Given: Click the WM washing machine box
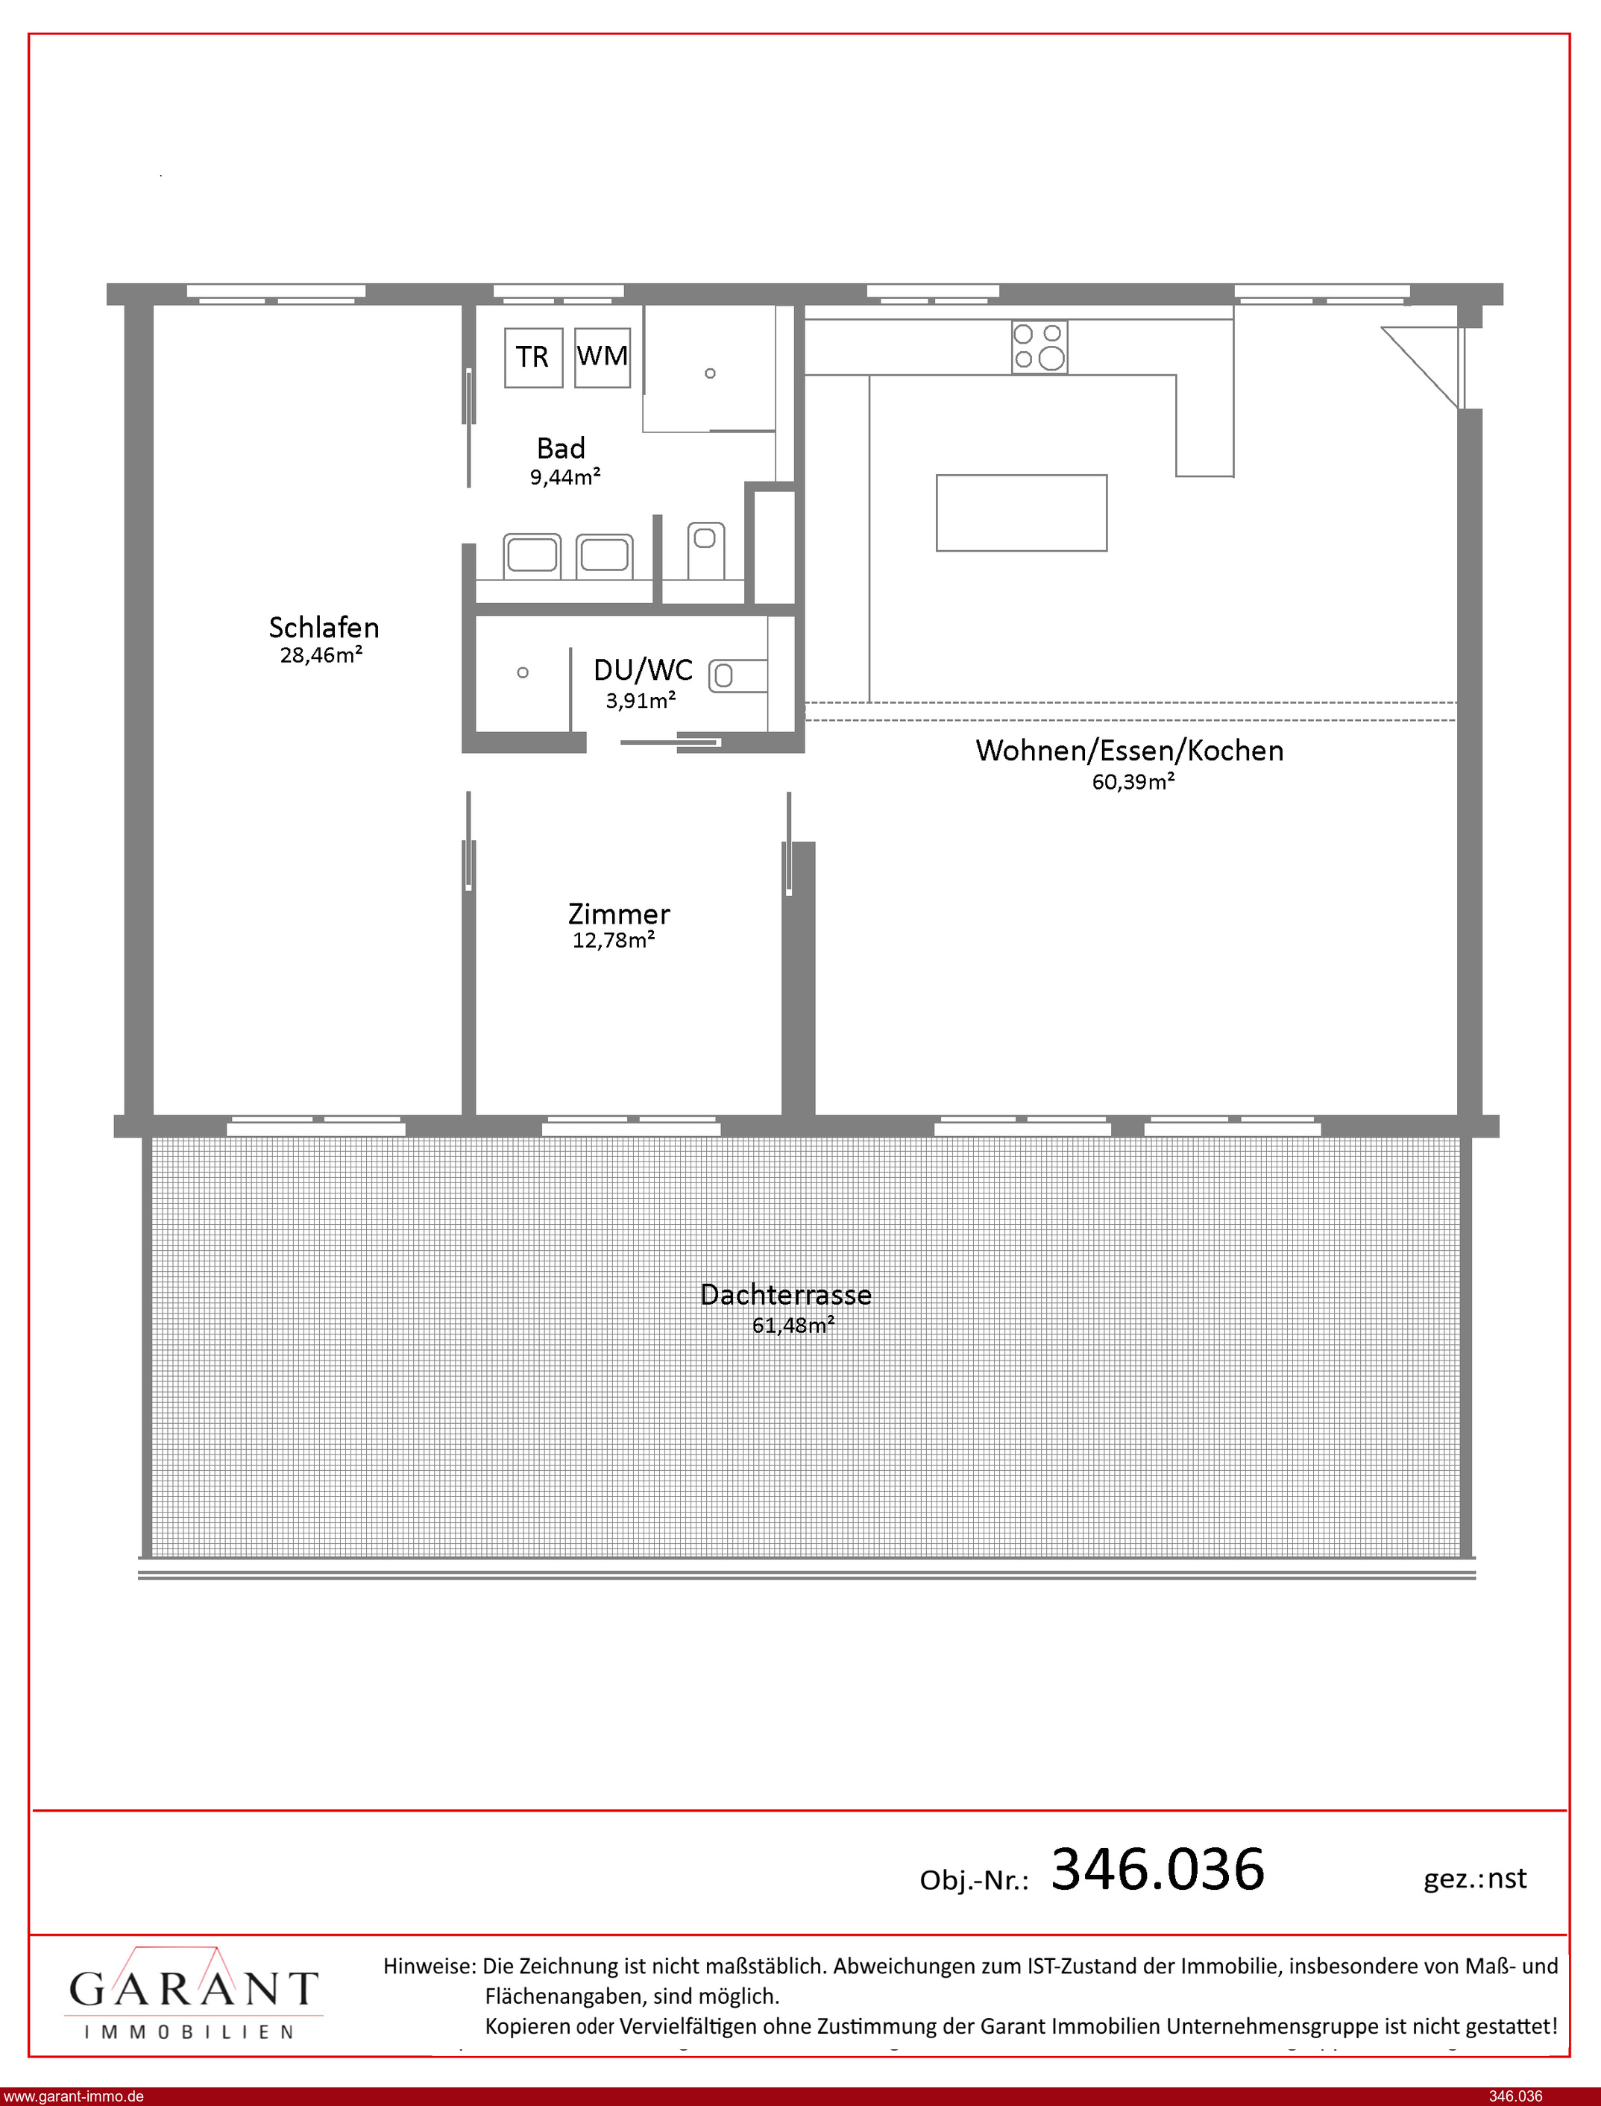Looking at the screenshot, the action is tap(603, 357).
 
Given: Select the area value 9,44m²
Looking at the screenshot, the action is tap(565, 476).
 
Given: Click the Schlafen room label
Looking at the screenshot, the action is tap(324, 628).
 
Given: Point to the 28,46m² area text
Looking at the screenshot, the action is tap(321, 655).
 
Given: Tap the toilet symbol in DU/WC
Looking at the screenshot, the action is tap(737, 675).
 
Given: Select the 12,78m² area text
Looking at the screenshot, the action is tap(613, 940).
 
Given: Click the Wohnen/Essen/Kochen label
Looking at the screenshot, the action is tap(1129, 751).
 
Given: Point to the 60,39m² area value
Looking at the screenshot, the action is tap(1133, 782).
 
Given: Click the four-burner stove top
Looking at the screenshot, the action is tap(1039, 347).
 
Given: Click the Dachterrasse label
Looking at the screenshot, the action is tap(786, 1296).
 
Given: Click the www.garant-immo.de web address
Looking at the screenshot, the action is tap(73, 2096).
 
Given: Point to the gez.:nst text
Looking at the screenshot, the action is tap(1475, 1879).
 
